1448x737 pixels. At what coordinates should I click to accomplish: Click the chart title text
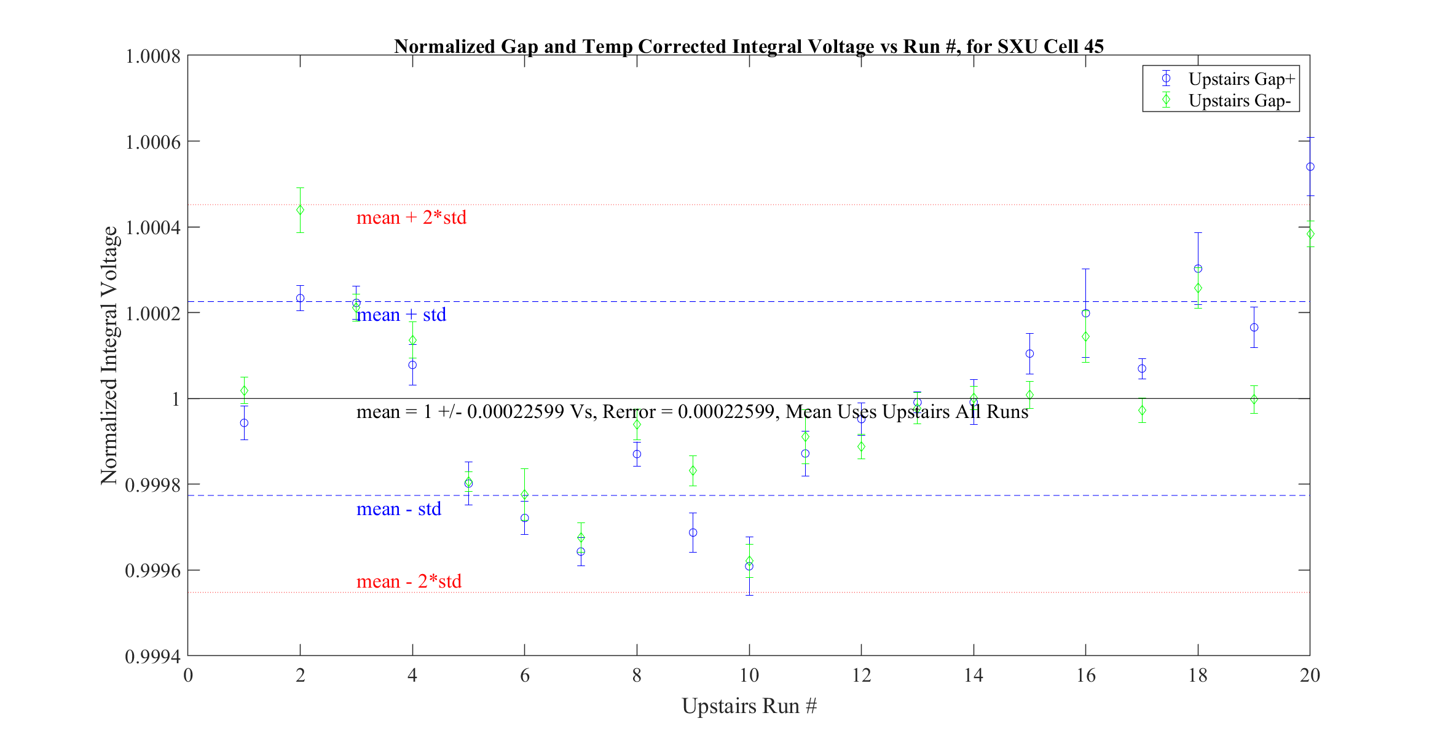point(749,47)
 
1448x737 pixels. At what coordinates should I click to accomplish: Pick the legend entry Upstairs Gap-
point(1239,101)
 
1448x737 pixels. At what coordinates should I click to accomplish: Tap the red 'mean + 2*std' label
point(411,218)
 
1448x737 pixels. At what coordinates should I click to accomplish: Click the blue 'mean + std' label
point(401,315)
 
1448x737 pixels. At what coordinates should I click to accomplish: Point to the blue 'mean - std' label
point(399,509)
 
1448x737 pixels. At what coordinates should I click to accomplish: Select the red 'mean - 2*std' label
point(409,581)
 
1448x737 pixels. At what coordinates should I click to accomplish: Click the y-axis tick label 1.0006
point(153,142)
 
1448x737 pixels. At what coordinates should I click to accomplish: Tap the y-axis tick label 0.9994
point(153,656)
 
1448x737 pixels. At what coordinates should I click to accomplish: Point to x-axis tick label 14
point(974,676)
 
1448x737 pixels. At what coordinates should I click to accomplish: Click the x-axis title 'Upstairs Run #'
point(749,706)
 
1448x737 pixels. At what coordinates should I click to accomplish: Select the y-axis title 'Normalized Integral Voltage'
point(109,355)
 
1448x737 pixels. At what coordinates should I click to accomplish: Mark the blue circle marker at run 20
point(1310,167)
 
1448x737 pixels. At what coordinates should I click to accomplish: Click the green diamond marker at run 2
point(300,210)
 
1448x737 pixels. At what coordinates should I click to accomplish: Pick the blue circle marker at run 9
point(693,533)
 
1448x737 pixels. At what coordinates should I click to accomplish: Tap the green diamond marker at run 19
point(1254,400)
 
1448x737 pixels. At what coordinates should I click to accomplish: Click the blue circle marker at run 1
point(244,423)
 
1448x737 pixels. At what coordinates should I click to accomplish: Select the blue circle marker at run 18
point(1198,269)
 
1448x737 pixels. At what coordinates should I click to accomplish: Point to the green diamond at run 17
point(1142,411)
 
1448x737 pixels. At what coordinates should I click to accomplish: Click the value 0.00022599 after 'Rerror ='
point(726,412)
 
